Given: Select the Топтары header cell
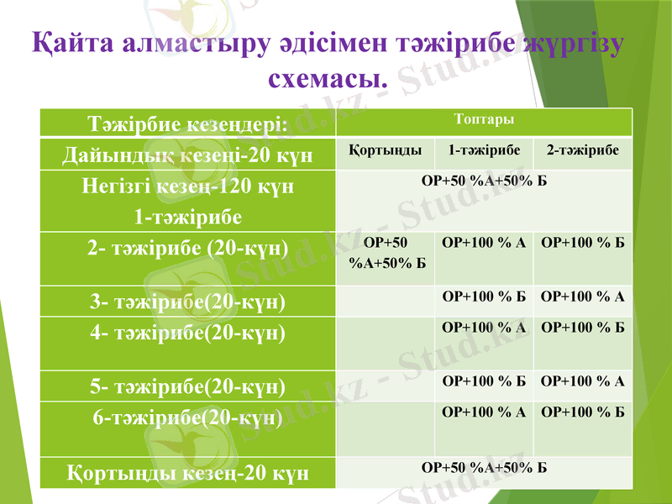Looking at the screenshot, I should (483, 119).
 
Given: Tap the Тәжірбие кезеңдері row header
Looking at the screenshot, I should (187, 123).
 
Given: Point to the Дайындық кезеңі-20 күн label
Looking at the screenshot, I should (187, 155).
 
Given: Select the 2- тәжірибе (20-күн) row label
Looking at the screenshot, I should (187, 249).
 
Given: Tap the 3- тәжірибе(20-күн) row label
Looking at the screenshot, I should (187, 301).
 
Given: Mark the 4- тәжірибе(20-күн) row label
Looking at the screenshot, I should (187, 332).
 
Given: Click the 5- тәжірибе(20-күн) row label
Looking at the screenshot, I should (187, 387).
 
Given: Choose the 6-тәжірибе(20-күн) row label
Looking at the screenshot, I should (187, 417).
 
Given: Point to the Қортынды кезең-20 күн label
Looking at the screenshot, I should (187, 472).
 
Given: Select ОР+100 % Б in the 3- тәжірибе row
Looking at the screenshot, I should (483, 296).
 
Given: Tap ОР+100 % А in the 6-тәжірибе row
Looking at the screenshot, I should (483, 412).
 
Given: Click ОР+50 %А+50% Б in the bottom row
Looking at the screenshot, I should (483, 468).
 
